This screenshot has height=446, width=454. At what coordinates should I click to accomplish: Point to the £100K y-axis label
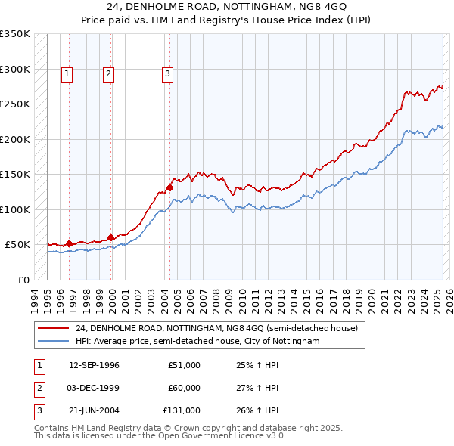click(x=15, y=209)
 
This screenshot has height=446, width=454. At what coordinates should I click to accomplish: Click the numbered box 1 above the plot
click(x=67, y=73)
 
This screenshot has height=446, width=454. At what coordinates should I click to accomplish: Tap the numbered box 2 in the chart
click(x=109, y=73)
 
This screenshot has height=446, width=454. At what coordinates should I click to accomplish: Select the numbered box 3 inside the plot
click(x=166, y=73)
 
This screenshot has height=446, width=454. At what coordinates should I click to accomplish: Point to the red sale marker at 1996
click(x=70, y=243)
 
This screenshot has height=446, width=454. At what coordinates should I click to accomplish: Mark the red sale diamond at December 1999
click(x=111, y=237)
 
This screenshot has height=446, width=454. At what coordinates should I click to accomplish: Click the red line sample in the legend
click(x=54, y=328)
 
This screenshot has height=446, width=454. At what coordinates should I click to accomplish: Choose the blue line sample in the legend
click(x=54, y=342)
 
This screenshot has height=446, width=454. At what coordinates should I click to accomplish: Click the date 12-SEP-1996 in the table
click(x=94, y=365)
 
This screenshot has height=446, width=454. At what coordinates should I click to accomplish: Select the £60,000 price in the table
click(x=184, y=388)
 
